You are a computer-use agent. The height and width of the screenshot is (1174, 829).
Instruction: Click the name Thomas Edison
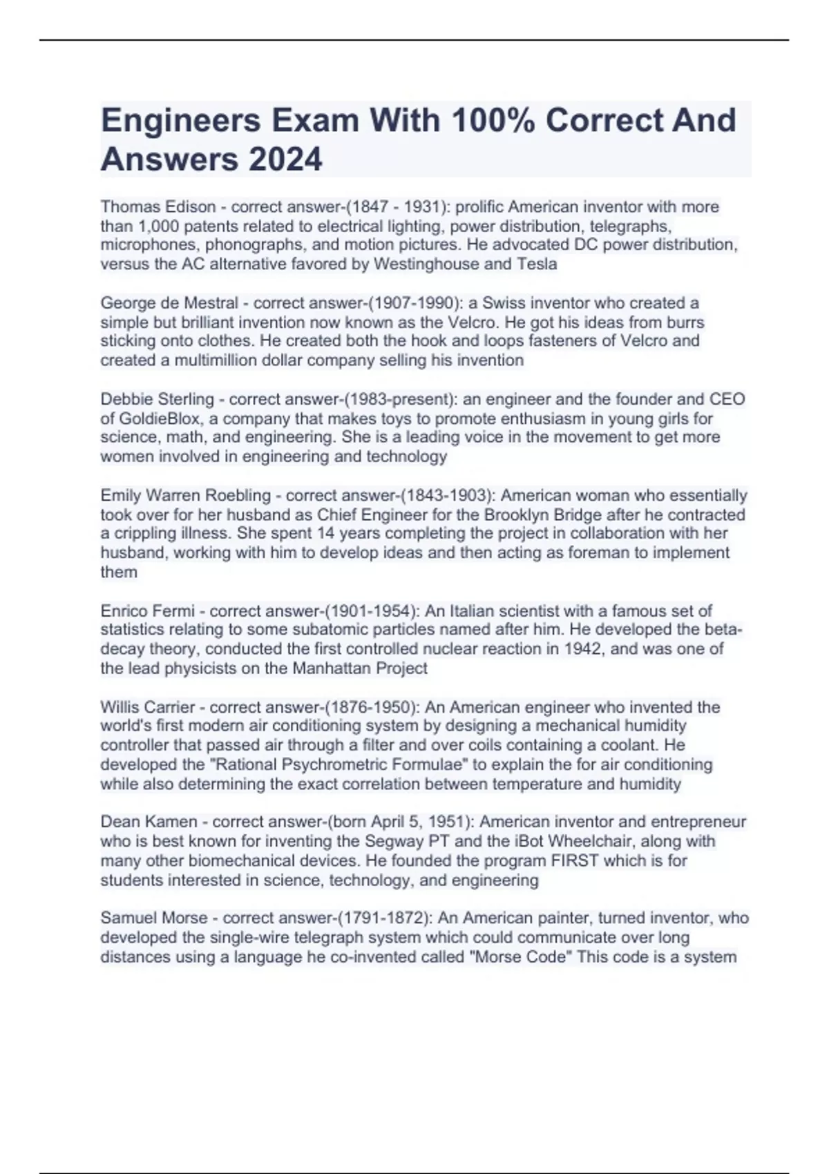pyautogui.click(x=158, y=206)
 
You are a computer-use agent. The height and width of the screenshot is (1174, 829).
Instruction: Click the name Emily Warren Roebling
pyautogui.click(x=186, y=495)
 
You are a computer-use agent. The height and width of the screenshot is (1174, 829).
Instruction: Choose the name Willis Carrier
pyautogui.click(x=148, y=707)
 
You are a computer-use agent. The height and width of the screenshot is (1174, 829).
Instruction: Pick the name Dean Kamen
pyautogui.click(x=149, y=822)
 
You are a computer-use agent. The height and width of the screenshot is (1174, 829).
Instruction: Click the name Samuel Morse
pyautogui.click(x=154, y=918)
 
